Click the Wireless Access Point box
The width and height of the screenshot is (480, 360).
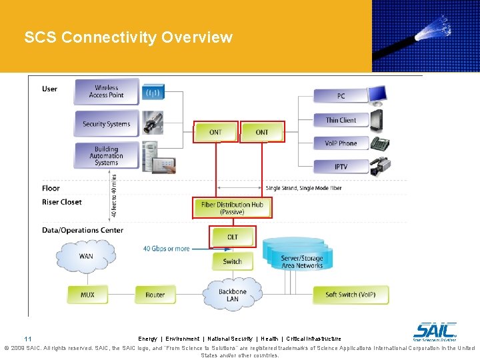tap(107, 91)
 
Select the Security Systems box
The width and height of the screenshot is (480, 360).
tap(107, 123)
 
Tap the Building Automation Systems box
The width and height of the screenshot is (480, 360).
tap(107, 156)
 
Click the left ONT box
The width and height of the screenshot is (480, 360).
tap(215, 132)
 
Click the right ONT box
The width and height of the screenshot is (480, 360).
tap(262, 132)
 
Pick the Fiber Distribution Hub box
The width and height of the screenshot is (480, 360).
tap(232, 208)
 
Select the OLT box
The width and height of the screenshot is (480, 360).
tap(232, 237)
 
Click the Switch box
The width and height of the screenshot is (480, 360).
tap(232, 261)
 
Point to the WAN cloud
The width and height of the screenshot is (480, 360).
tap(86, 256)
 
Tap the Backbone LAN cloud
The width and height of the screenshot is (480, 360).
tap(232, 295)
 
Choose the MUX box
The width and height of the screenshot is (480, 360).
tap(87, 295)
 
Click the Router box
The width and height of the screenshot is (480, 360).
tap(155, 295)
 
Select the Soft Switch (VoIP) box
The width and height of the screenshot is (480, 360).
tap(350, 295)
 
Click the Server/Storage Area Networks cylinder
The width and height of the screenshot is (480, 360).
tap(301, 260)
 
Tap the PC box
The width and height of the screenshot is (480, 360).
tap(341, 96)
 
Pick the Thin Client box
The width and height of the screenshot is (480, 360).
tap(341, 120)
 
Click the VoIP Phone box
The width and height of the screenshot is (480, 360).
tap(341, 143)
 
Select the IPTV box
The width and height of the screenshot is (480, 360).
tap(341, 167)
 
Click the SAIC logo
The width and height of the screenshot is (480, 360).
tap(435, 331)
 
